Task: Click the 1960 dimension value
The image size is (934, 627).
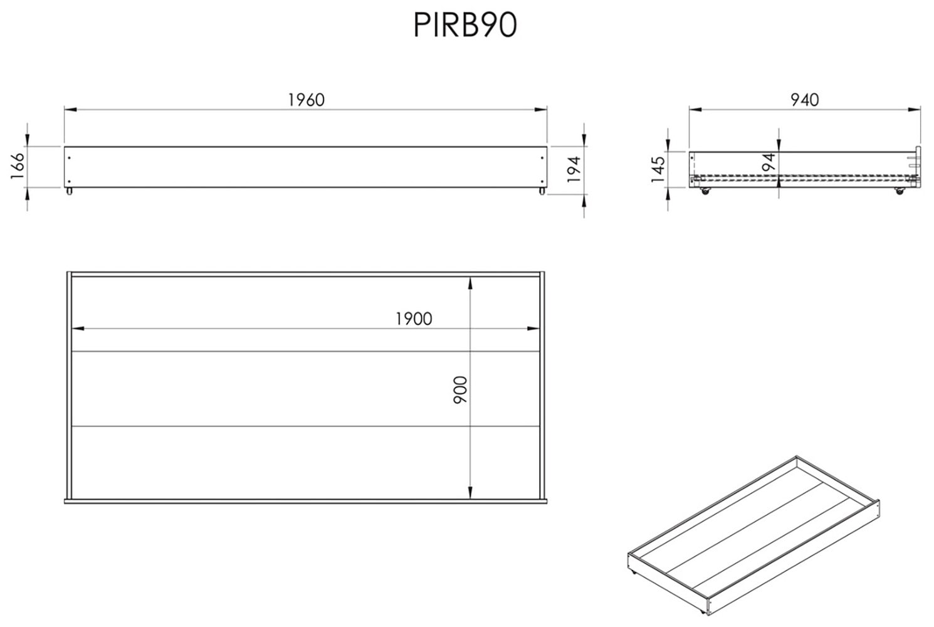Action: coord(306,100)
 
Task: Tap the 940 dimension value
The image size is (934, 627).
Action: coord(804,100)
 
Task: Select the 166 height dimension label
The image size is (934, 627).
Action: coord(18,167)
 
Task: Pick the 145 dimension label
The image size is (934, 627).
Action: coord(658,170)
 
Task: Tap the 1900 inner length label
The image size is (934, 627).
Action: coord(414,319)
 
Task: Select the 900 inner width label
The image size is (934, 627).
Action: coord(461,389)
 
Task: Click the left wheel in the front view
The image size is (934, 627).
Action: coord(68,190)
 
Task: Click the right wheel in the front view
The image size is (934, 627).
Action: coord(541,190)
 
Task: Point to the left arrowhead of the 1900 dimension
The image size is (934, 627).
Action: coord(77,328)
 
